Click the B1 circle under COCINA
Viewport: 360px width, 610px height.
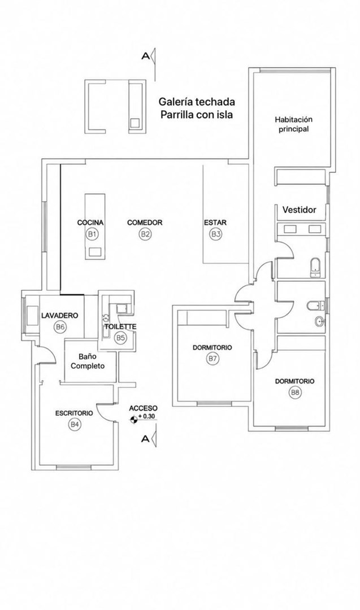pyautogui.click(x=92, y=234)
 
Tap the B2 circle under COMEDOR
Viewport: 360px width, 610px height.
pyautogui.click(x=145, y=234)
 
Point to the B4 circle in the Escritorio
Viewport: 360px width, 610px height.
pyautogui.click(x=75, y=425)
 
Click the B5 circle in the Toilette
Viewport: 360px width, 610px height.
pyautogui.click(x=120, y=338)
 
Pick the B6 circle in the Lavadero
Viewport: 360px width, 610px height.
pyautogui.click(x=59, y=327)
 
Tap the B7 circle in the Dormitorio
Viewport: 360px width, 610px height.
pyautogui.click(x=212, y=359)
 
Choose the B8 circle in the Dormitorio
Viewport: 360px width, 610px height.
pyautogui.click(x=294, y=393)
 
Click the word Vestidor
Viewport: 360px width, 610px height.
pyautogui.click(x=300, y=210)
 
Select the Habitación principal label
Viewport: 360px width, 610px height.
pyautogui.click(x=293, y=124)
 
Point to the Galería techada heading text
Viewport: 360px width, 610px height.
pyautogui.click(x=197, y=102)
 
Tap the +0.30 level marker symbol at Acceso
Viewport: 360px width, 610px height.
pyautogui.click(x=134, y=419)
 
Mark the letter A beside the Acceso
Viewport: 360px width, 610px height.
pyautogui.click(x=146, y=439)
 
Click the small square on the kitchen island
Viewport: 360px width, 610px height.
pyautogui.click(x=94, y=252)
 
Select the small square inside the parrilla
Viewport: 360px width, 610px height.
pyautogui.click(x=135, y=123)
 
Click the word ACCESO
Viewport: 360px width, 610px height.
pyautogui.click(x=143, y=408)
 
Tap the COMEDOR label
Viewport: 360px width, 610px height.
pyautogui.click(x=145, y=223)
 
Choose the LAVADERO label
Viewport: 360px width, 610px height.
pyautogui.click(x=60, y=315)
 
